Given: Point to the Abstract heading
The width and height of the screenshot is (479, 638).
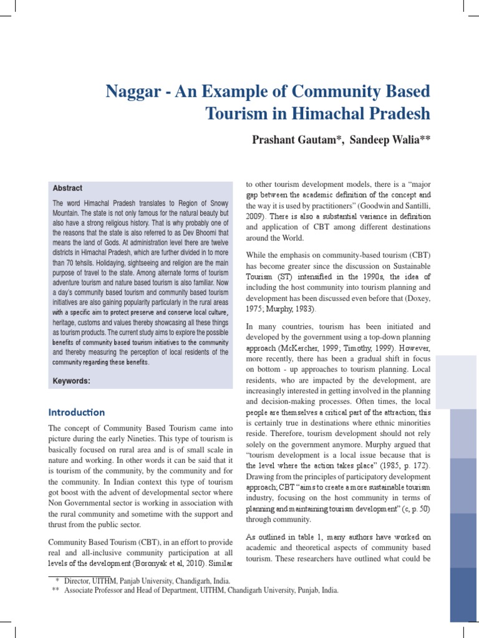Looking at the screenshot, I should [67, 188].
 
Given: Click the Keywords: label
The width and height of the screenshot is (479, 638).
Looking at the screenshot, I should [72, 381].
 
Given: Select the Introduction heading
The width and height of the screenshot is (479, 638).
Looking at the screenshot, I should [77, 412].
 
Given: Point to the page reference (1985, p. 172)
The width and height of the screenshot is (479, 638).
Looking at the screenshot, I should [405, 465].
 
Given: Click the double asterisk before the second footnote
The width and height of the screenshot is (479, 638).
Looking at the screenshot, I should [56, 590].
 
